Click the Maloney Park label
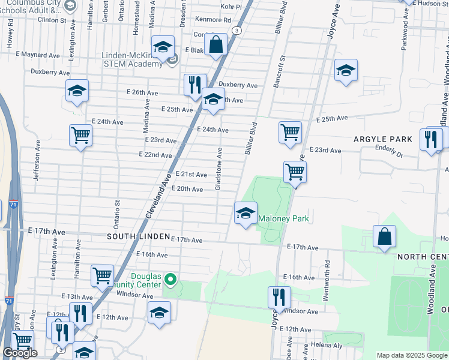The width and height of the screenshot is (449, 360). pos(284,219)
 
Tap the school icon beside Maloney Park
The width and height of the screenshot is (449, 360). pos(245,214)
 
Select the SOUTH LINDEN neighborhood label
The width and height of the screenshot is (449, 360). pos(138,237)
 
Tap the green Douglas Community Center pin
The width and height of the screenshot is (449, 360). pos(170,280)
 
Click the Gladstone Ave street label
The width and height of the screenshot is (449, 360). pos(219,170)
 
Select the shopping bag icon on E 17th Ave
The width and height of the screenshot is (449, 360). pos(384,236)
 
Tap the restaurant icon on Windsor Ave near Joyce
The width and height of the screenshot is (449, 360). pos(279,297)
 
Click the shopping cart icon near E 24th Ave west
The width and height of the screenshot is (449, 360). pos(80,135)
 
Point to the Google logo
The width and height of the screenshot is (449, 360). pos(20,353)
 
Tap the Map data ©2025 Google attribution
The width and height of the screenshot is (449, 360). pos(411,355)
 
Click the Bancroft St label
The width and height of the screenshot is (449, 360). pos(279,72)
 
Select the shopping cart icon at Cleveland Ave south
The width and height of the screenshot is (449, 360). pos(102,276)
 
